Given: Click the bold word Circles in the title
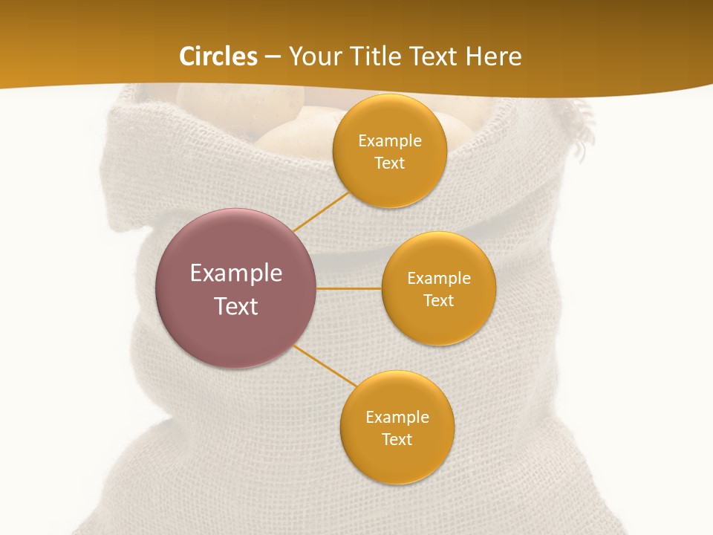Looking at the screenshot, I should coord(218,56).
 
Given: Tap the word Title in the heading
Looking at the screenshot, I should coord(385,56).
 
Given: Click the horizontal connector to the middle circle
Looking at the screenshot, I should coord(348,288).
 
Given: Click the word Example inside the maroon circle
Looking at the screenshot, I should coord(236,273).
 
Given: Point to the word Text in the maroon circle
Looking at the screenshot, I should coord(236,306).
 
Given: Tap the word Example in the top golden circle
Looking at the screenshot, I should coord(389,140).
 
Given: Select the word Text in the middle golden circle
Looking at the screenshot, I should coord(438,300).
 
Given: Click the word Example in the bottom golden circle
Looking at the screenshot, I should coord(397,417).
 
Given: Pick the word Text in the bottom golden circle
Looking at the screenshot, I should coord(397,439).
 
